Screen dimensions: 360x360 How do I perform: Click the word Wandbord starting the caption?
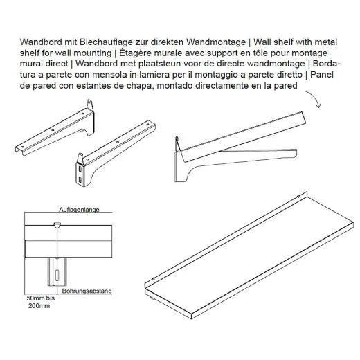pos(39,44)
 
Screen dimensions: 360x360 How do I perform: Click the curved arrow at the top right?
pos(315,98)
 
